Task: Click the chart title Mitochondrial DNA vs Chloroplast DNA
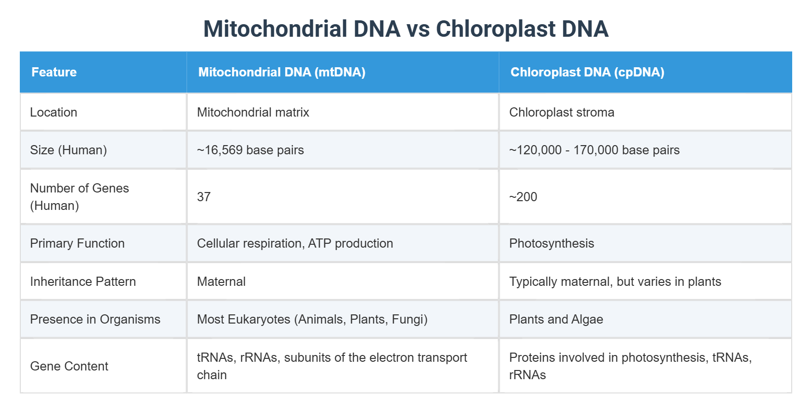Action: click(406, 29)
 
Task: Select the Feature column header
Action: click(54, 72)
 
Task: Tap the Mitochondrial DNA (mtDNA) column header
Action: click(281, 72)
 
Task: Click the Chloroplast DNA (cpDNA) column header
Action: click(587, 72)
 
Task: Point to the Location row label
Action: click(54, 112)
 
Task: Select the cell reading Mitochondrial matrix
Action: click(253, 112)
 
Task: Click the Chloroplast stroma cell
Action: click(562, 112)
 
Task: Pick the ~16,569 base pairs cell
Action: click(250, 150)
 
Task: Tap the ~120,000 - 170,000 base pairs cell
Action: click(594, 150)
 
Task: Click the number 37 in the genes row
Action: click(204, 197)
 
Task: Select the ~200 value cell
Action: click(523, 197)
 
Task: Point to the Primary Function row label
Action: click(77, 243)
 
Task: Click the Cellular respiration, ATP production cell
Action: click(295, 243)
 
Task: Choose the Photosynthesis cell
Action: click(551, 243)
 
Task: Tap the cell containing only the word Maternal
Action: click(221, 281)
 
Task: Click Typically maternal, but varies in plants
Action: click(615, 281)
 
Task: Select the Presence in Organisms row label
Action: click(95, 319)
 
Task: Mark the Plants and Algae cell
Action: click(556, 319)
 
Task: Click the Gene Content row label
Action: click(69, 366)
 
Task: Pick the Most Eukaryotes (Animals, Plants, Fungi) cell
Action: click(312, 319)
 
